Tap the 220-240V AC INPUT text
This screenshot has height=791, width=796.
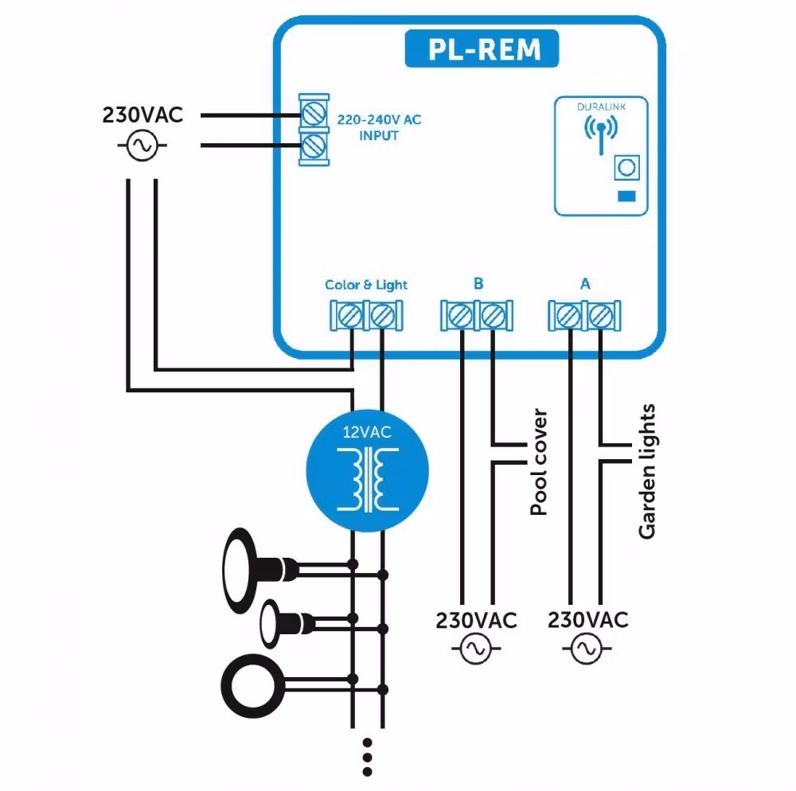378,127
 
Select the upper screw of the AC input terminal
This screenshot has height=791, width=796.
314,111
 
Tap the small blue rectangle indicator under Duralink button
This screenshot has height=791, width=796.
627,196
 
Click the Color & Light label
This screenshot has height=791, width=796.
366,284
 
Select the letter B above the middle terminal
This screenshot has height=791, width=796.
478,283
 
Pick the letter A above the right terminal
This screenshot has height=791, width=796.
585,283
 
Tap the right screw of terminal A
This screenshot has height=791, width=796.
600,317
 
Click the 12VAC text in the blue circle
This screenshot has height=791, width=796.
367,434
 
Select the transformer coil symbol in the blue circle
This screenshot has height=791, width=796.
367,479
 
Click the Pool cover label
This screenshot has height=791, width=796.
540,462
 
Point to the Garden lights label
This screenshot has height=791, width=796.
648,471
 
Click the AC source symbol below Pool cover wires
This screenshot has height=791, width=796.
476,649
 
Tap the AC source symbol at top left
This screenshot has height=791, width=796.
142,145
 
